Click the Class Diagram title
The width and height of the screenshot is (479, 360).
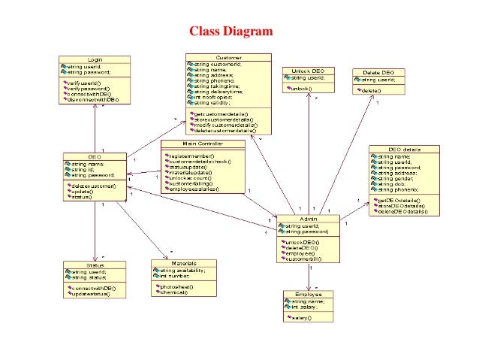tap(230, 32)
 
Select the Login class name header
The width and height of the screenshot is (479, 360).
tap(95, 59)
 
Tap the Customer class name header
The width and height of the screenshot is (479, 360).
tap(228, 57)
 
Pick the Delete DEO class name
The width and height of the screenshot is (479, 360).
tap(378, 72)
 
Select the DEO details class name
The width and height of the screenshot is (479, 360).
tap(404, 149)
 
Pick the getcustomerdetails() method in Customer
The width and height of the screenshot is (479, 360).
tap(224, 113)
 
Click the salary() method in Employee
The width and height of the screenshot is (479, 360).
tap(301, 317)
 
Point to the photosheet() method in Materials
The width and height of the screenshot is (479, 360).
tap(175, 286)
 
